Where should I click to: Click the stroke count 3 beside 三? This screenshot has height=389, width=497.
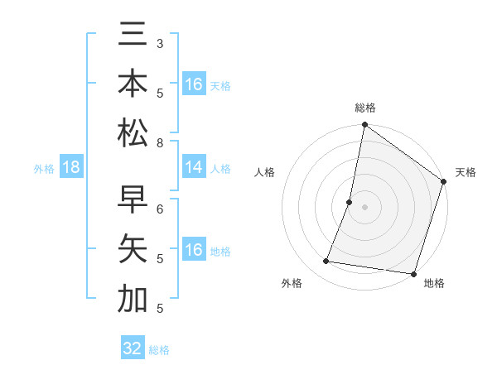click(x=160, y=42)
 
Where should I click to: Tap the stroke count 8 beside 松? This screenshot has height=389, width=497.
click(x=160, y=144)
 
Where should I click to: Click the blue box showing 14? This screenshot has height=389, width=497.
click(x=193, y=168)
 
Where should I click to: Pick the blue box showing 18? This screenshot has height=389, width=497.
click(x=71, y=168)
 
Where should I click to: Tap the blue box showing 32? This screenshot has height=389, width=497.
click(x=133, y=348)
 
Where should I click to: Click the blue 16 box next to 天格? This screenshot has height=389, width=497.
click(x=193, y=84)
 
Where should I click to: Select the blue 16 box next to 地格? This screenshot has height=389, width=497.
click(x=193, y=250)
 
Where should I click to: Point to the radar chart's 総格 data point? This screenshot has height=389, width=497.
click(x=364, y=125)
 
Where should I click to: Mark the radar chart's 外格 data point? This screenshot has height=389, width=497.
click(x=326, y=262)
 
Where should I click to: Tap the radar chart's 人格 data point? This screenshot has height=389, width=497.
click(x=350, y=202)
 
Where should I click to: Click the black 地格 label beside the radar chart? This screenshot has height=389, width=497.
click(x=434, y=283)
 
